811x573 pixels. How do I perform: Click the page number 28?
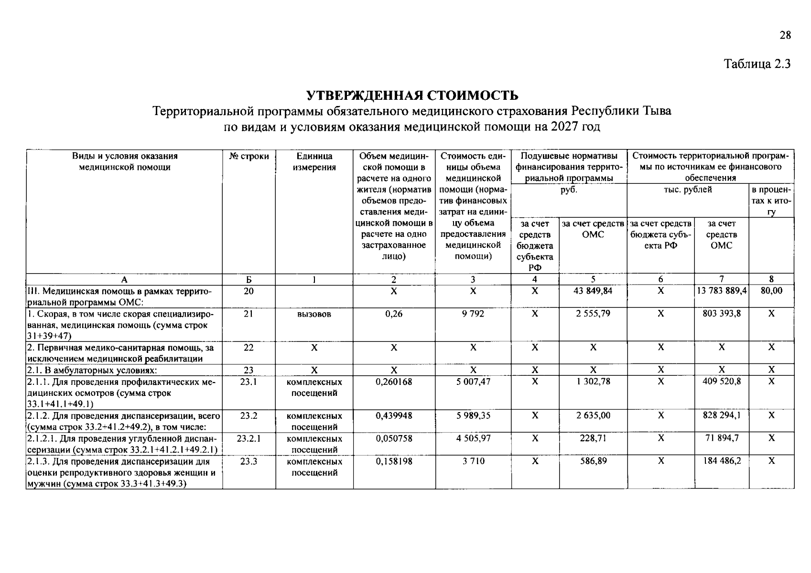[785, 35]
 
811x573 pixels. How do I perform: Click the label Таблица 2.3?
[757, 64]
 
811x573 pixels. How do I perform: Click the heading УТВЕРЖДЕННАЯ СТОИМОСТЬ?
[412, 95]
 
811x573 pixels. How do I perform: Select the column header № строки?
[249, 156]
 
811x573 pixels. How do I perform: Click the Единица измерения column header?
[314, 161]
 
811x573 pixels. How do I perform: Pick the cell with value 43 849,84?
[593, 290]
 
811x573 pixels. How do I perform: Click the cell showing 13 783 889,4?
[721, 290]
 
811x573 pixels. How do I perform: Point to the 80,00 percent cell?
[771, 290]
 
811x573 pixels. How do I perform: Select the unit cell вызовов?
[314, 314]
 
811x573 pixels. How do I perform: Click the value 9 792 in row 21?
[473, 314]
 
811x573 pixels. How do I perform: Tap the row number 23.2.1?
[249, 438]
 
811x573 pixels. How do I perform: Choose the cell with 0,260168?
[394, 382]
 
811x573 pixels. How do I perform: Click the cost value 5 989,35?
[473, 415]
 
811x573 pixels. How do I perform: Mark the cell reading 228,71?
[593, 438]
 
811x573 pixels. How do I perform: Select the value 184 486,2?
[721, 461]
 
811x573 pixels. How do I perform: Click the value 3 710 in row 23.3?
[473, 461]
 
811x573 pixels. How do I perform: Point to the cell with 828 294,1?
[721, 415]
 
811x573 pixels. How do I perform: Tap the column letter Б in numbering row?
[249, 280]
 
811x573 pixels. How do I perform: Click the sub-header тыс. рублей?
[688, 190]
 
